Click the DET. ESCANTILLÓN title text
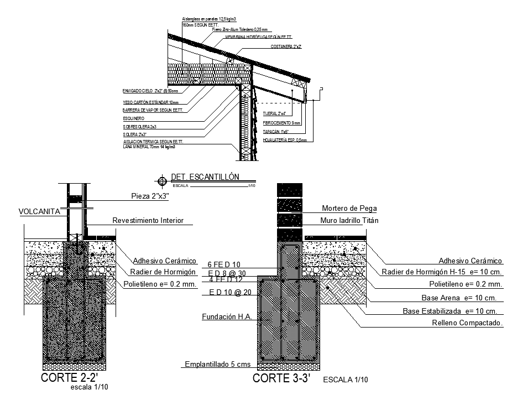coord(205,177)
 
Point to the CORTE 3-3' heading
coord(281,379)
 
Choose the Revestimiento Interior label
coord(148,221)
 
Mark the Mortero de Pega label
coord(349,209)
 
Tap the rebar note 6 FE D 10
coord(224,265)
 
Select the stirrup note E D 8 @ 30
coord(227,273)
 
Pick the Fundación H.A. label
coord(227,317)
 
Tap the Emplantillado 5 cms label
coord(217,365)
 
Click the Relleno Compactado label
coord(467,323)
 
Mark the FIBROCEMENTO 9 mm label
coord(281,123)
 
